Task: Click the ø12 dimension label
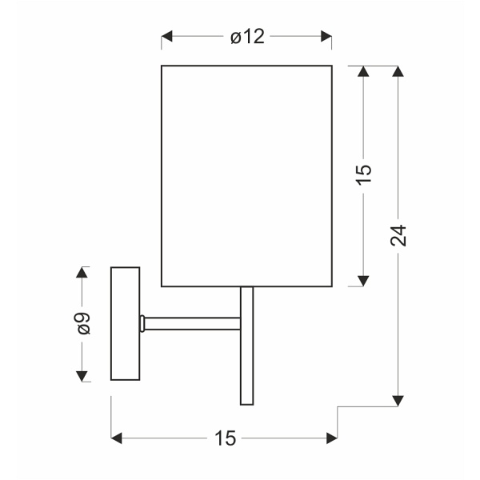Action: [247, 37]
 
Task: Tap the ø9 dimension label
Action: [83, 323]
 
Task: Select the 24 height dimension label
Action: [398, 235]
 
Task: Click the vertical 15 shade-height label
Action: [364, 174]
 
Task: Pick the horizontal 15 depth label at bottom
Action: [226, 438]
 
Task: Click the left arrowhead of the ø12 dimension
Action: [166, 36]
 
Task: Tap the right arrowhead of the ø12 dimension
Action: [326, 36]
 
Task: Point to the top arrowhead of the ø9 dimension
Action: [82, 272]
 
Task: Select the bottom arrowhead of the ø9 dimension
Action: [82, 376]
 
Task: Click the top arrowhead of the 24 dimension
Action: [398, 71]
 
